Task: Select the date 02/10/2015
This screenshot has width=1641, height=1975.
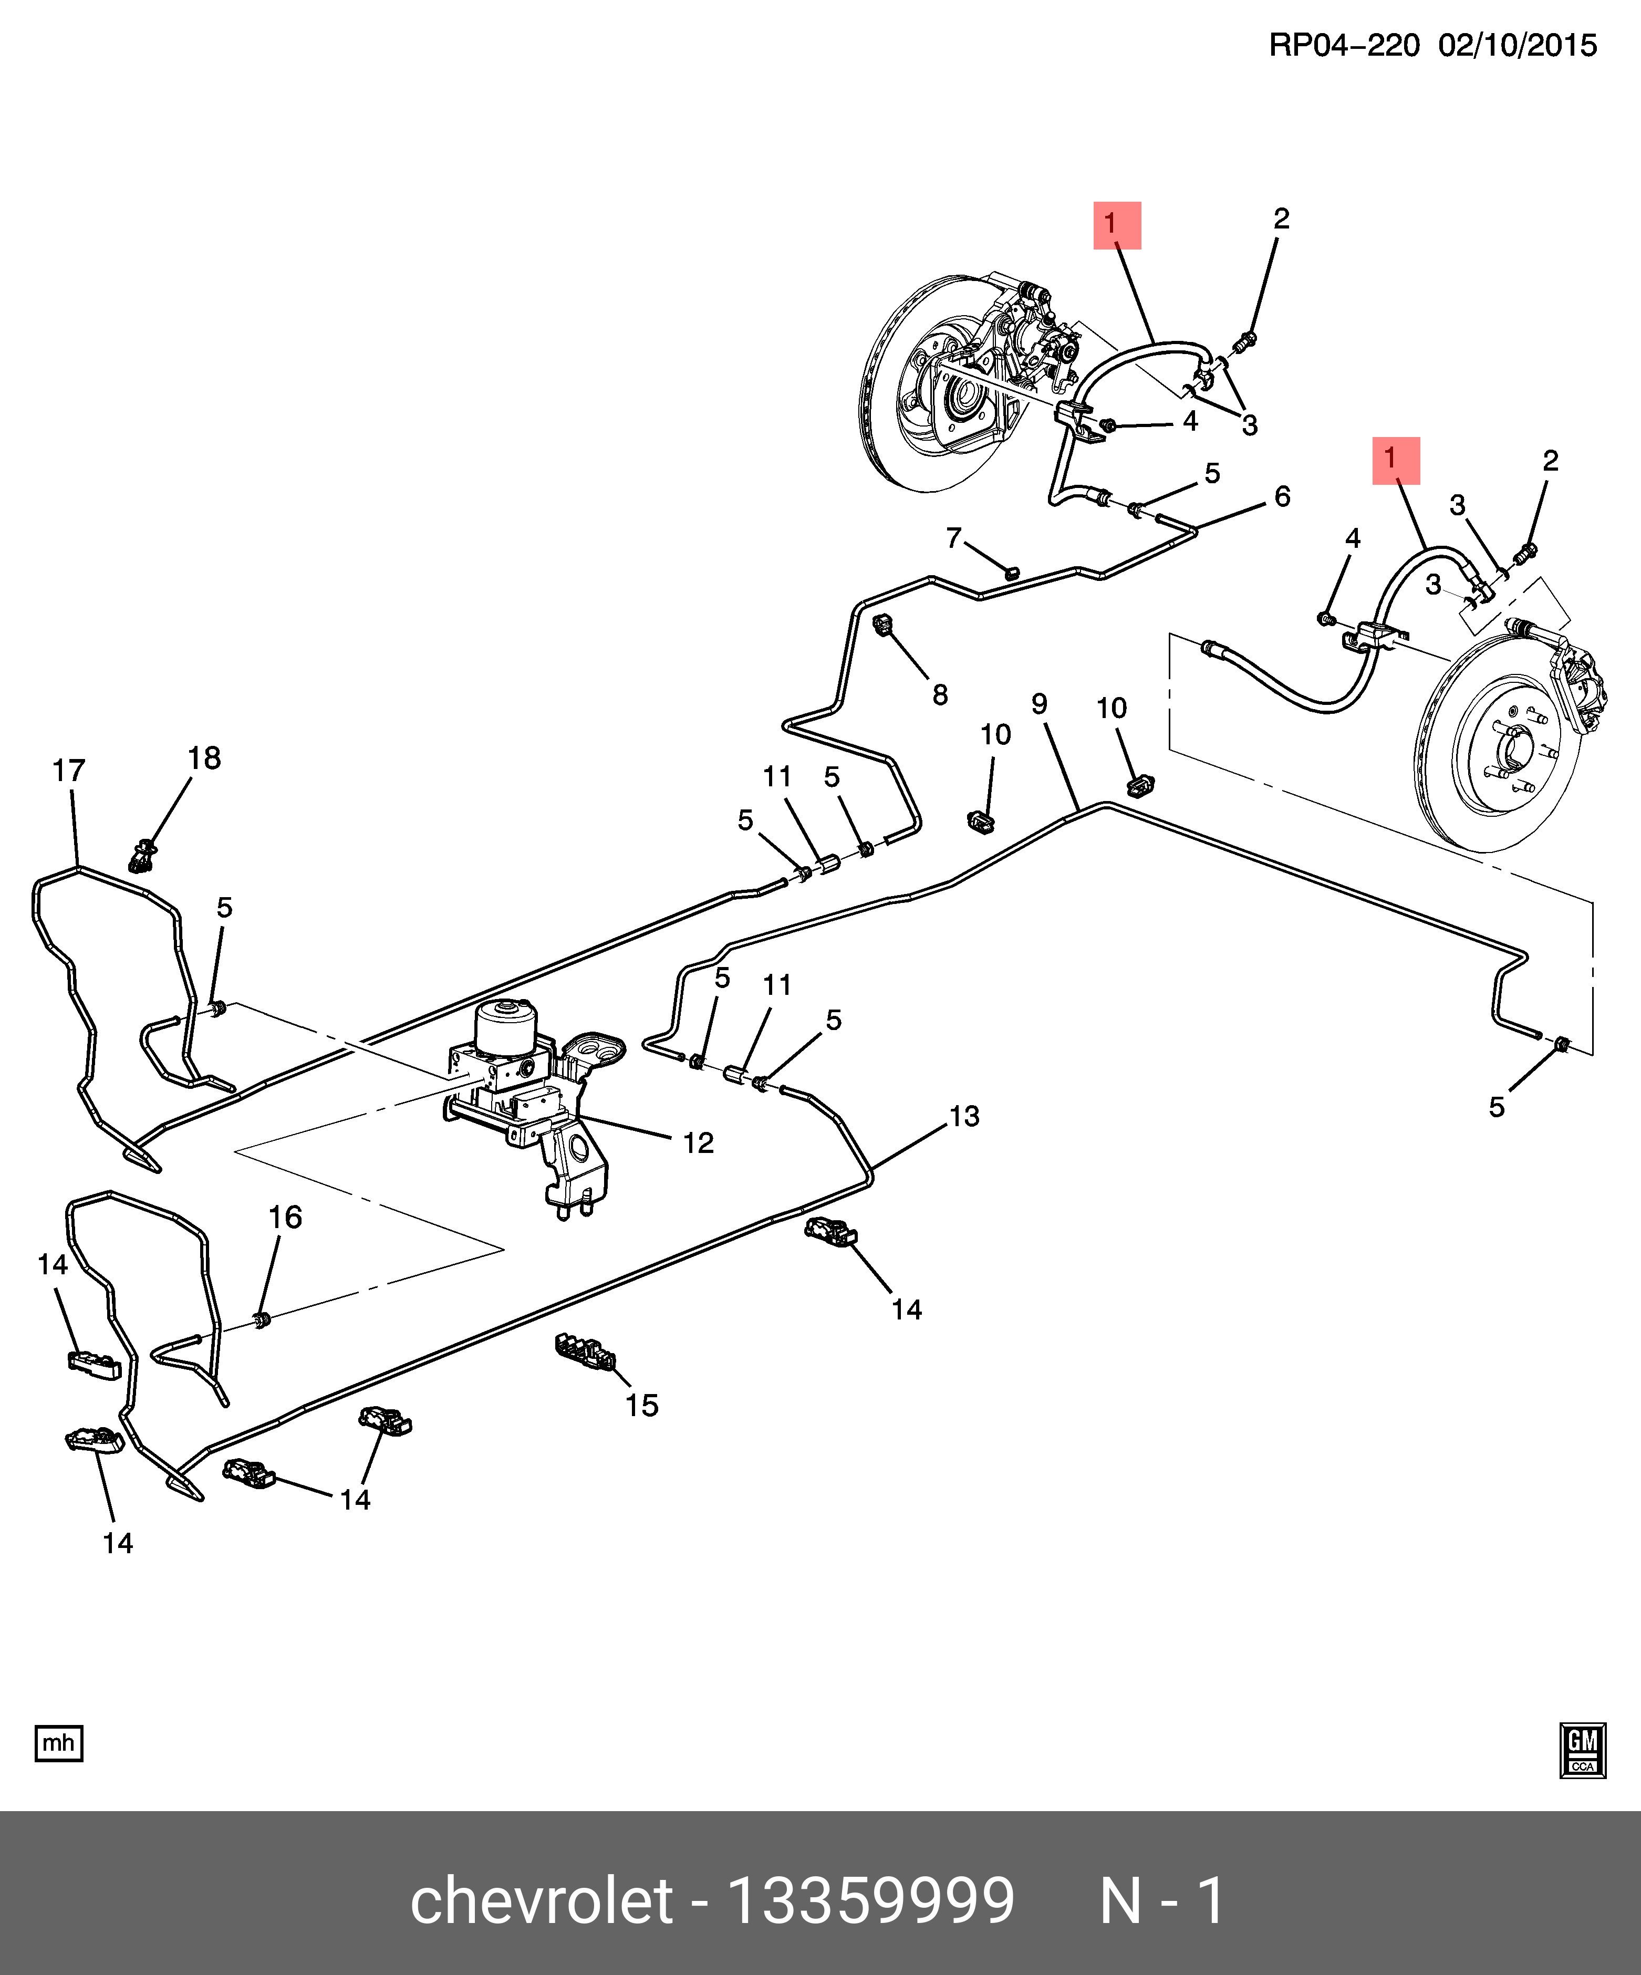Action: click(1517, 45)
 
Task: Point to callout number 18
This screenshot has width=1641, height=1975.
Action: click(204, 758)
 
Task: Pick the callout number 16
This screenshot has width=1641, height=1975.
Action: click(285, 1217)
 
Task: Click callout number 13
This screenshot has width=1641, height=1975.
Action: click(964, 1116)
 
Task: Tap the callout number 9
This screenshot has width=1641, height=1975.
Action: click(1039, 703)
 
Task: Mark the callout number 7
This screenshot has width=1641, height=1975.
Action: click(953, 537)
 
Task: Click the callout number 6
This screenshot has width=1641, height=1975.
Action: click(1282, 496)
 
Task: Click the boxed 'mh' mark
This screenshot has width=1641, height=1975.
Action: click(58, 1743)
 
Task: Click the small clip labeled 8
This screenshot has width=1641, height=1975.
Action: click(883, 623)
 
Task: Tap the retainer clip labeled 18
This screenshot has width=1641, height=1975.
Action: click(142, 856)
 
